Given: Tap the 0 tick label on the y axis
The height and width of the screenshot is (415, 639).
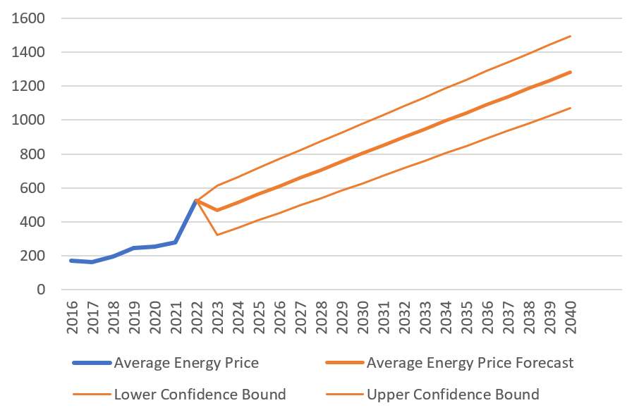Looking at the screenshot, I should click(40, 290).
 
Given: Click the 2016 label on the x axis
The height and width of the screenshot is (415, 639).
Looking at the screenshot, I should click(71, 318).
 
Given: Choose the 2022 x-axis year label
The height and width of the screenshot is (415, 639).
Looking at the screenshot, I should click(196, 318).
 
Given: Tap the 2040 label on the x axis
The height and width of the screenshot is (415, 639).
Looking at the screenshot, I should click(570, 318).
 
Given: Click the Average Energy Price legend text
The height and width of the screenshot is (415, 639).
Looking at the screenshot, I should click(186, 364).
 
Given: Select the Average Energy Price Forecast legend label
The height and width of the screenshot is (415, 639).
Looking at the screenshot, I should click(470, 364).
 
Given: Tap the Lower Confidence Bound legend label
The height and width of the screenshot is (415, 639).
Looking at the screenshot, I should click(200, 395).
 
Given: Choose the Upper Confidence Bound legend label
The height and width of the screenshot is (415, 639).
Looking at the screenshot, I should click(453, 395).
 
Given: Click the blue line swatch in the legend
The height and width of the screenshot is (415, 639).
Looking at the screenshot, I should click(91, 364).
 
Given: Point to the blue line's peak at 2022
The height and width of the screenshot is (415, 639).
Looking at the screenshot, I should click(196, 201).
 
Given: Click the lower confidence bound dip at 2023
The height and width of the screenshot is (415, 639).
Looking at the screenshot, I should click(217, 235).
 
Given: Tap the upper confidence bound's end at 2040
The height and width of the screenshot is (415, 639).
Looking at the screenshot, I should click(570, 36).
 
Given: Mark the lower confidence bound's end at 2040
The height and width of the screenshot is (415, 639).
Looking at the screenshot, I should click(570, 109).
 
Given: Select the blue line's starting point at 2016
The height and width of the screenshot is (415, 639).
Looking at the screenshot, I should click(71, 261).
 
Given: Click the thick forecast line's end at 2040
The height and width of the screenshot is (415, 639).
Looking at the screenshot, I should click(570, 72).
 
